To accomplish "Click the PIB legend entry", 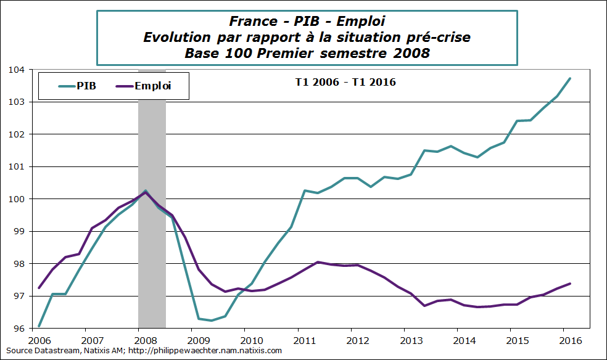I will point(77,86).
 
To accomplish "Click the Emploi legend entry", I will point(143,86).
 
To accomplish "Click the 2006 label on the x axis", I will point(39,340).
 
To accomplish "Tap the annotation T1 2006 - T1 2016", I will point(344,82).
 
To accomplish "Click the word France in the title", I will point(252,22).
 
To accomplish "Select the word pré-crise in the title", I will point(439,38).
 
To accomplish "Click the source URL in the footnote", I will point(203,351).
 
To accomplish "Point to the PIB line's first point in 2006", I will point(39,326).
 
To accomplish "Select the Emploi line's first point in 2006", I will point(39,288).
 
